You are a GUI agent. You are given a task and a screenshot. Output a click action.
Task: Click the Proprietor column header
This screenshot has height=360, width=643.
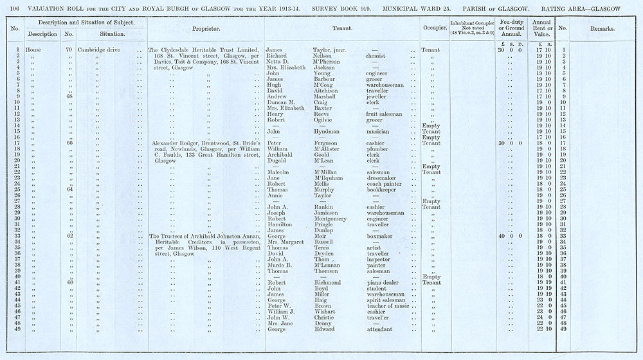206,29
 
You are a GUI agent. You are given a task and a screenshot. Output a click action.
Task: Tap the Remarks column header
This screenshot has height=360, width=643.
602,29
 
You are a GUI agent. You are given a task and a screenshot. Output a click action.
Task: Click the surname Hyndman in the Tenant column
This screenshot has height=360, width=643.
327,132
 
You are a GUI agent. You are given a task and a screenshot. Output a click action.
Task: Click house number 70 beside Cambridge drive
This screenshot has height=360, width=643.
68,50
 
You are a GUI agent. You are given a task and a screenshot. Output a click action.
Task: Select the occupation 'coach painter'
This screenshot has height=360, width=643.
384,184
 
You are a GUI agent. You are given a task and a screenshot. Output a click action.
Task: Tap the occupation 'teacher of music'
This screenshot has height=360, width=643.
388,306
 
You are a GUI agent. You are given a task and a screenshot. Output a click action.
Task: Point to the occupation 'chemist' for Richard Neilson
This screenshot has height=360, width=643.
376,56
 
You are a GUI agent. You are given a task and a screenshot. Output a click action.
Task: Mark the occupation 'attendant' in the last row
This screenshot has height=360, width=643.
380,329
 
